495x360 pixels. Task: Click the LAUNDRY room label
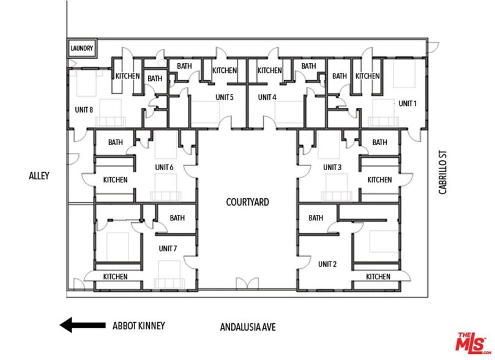click(81, 48)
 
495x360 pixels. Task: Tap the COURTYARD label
click(247, 202)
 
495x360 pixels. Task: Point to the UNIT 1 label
click(408, 103)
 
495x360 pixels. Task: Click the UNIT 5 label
click(224, 97)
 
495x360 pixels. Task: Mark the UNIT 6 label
click(165, 167)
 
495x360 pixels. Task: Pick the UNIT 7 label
click(167, 248)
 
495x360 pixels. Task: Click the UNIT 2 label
click(327, 264)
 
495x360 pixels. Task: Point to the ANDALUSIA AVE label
click(247, 328)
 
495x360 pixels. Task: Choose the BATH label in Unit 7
click(177, 218)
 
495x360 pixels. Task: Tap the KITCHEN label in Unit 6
click(115, 180)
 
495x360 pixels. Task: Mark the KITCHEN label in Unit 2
click(378, 277)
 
